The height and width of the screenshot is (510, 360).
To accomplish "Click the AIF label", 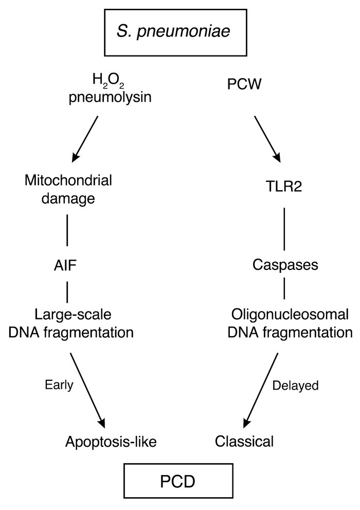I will point(67,266).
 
